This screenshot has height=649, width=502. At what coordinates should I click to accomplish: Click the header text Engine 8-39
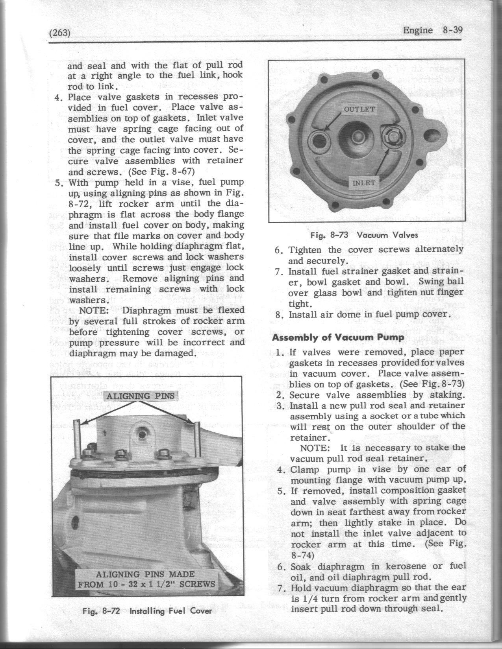[x=432, y=31]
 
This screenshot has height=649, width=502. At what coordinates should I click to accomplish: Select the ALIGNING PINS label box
[x=141, y=395]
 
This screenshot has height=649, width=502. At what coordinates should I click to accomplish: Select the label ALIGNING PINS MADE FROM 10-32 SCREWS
[x=146, y=579]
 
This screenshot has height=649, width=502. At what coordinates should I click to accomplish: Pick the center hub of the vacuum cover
[x=357, y=136]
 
